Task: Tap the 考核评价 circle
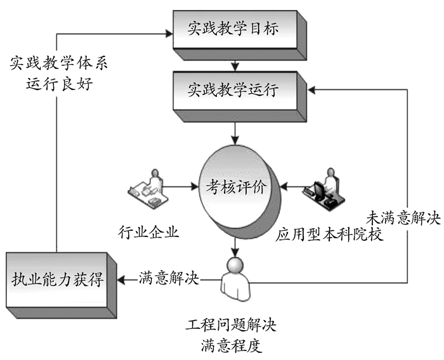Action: (236, 188)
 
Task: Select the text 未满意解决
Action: (403, 217)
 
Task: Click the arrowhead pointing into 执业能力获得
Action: (124, 278)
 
